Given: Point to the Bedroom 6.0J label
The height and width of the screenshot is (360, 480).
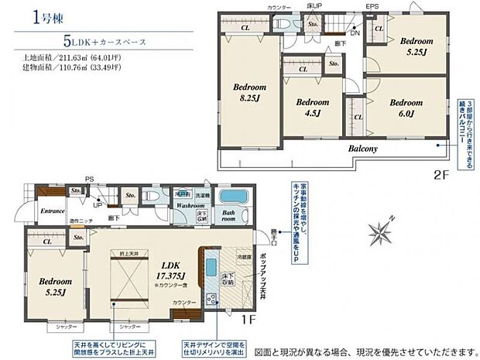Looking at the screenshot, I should coord(405,107).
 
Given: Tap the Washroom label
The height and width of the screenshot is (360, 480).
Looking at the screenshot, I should coord(189,207).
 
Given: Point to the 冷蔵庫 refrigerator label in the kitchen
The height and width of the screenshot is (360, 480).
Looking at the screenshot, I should coord(243,255).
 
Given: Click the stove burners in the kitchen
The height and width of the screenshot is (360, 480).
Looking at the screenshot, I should coord(209,298).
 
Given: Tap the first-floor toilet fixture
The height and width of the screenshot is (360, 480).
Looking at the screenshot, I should coord(155,197).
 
